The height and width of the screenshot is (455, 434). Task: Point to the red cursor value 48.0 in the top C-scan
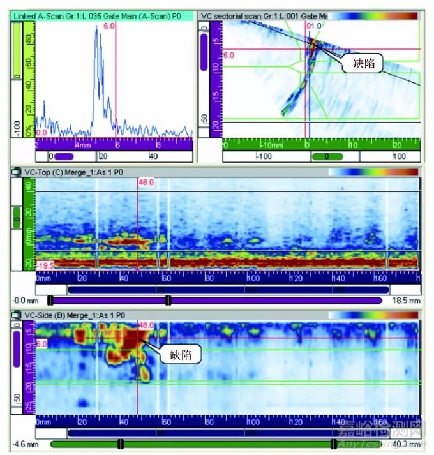coord(146,183)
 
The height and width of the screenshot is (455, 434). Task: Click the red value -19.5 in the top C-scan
coord(45,264)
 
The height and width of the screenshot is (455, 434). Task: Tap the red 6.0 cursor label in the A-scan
coord(108,27)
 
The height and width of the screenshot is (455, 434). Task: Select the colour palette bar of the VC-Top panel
coord(373,172)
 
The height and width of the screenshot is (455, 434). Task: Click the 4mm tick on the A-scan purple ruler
coord(82,145)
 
